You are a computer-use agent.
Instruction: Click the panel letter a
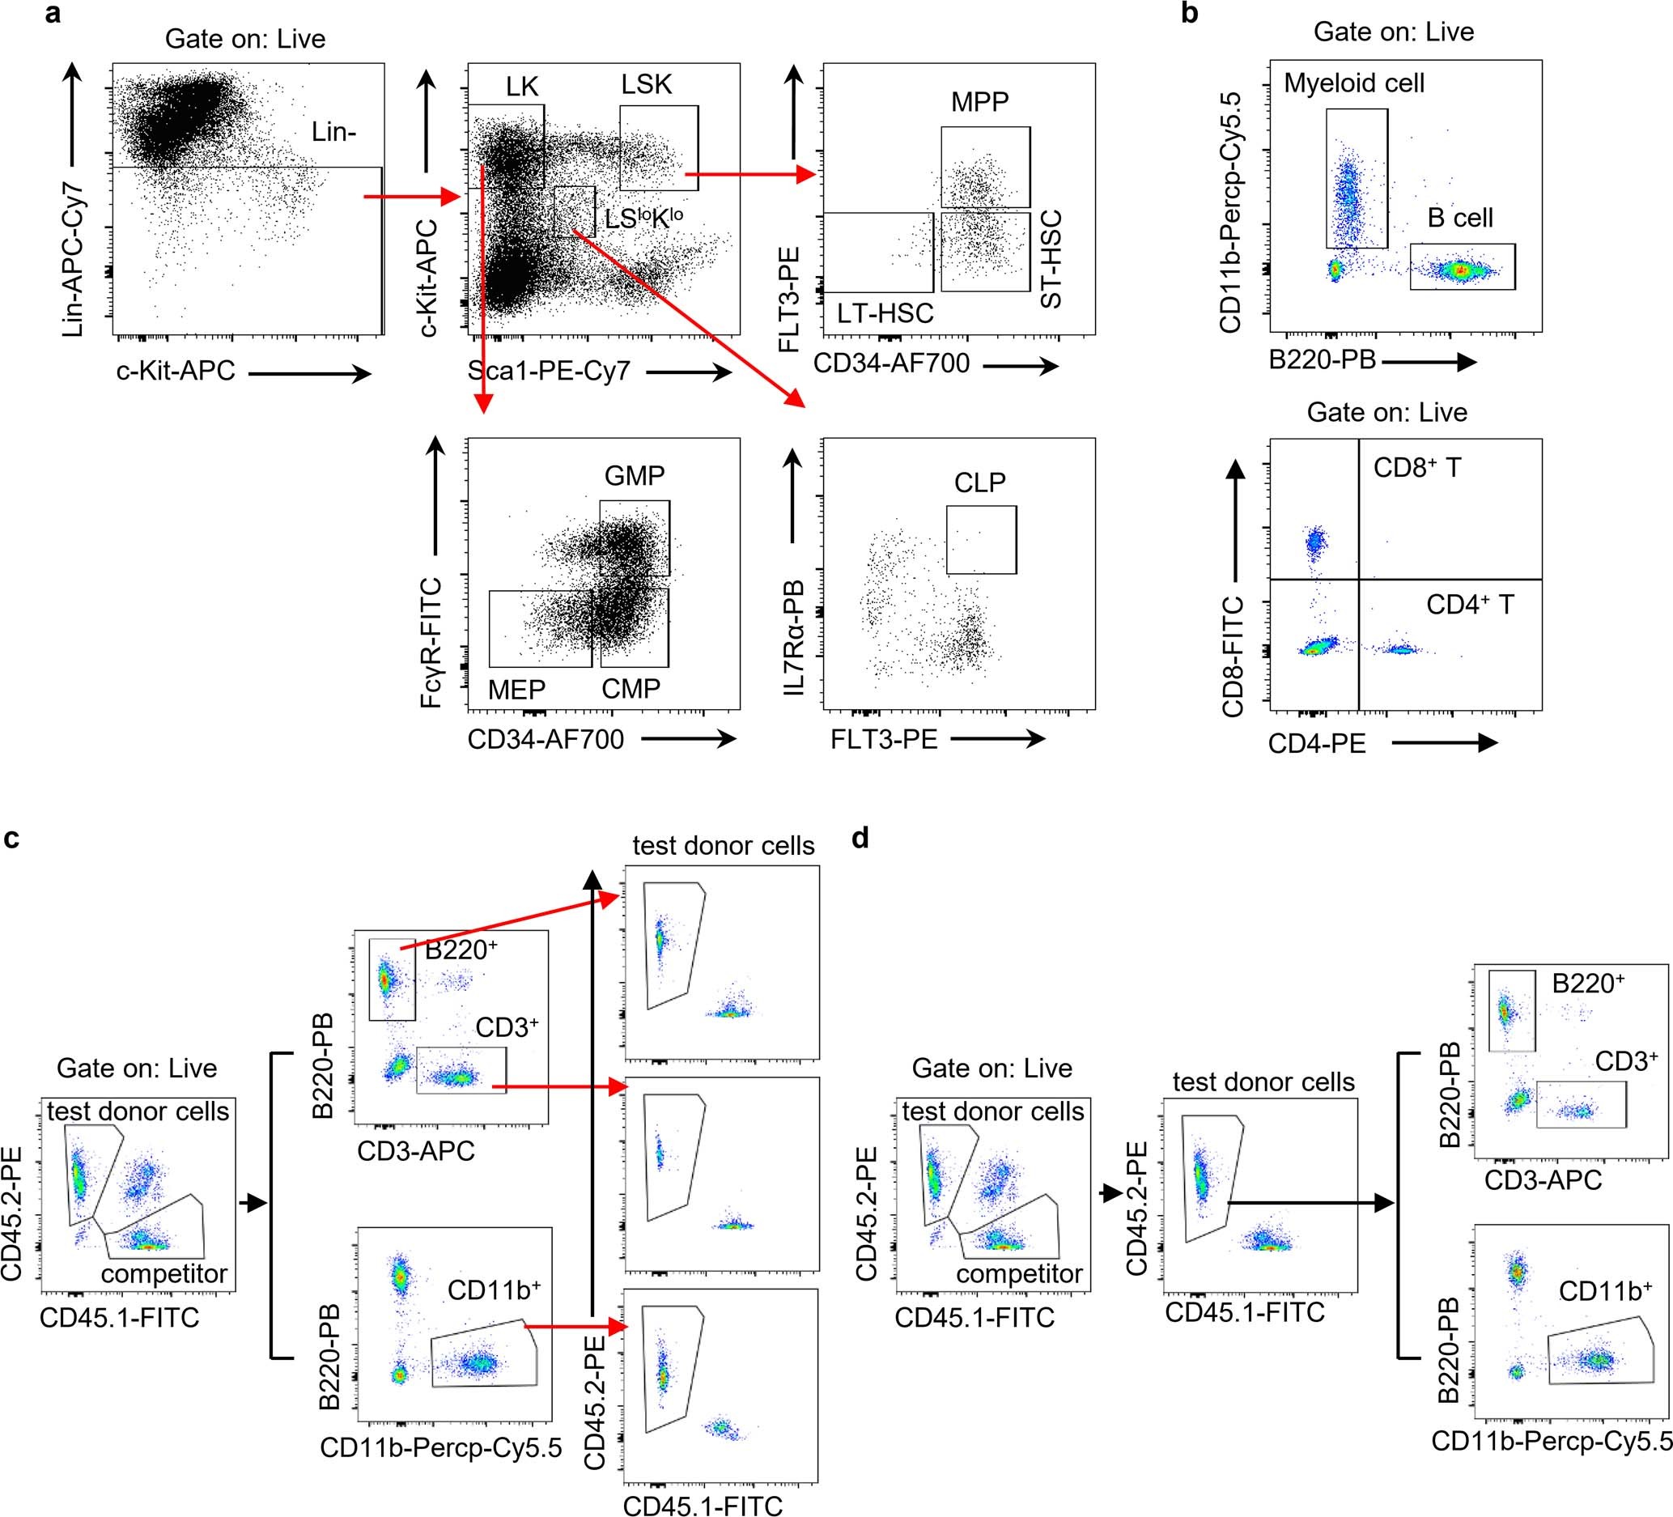pos(53,15)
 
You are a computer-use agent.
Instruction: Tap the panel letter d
pos(860,838)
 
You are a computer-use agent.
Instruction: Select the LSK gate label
pos(647,85)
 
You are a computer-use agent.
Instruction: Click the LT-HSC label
pos(885,314)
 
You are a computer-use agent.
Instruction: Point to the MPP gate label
pos(980,103)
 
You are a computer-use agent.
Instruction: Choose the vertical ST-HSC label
pos(1051,259)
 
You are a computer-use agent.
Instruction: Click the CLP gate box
pos(981,539)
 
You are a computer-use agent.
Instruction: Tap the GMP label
pos(634,475)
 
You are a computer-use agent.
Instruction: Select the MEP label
pos(516,689)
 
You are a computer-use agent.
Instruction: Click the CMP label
pos(631,689)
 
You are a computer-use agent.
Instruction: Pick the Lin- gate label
pos(334,132)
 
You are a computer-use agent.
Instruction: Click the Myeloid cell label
pos(1353,83)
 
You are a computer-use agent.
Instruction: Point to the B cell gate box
pos(1463,266)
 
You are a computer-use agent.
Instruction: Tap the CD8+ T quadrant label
pos(1416,468)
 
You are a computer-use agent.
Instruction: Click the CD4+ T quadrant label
pos(1470,604)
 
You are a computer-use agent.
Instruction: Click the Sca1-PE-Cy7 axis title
pos(549,371)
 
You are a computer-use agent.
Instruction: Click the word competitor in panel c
pos(164,1273)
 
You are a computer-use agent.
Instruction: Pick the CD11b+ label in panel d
pos(1605,1291)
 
